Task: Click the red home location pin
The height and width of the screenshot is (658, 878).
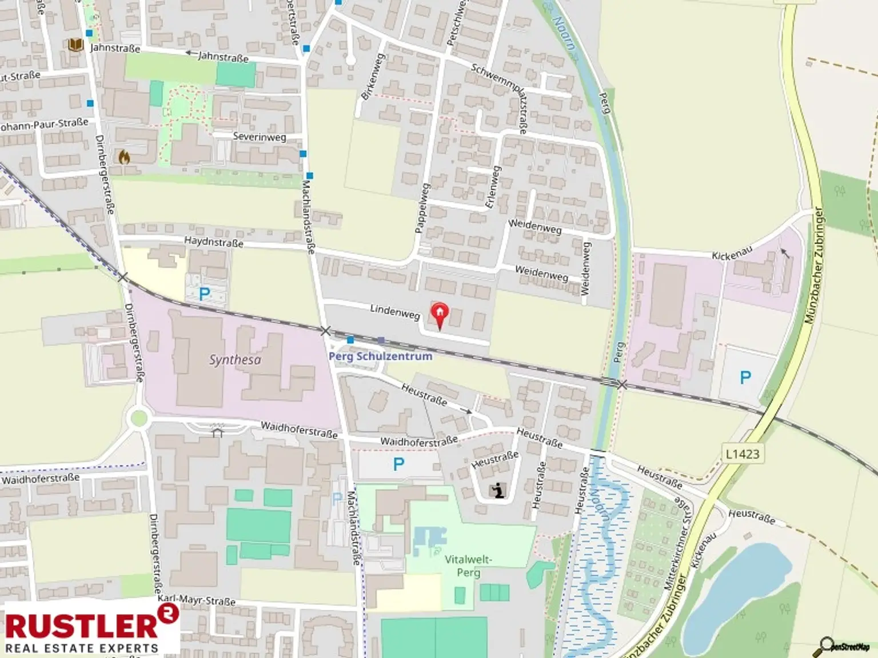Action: (439, 314)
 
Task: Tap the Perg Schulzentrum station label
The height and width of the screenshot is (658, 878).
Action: (380, 356)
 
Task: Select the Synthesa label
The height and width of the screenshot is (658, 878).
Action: (235, 360)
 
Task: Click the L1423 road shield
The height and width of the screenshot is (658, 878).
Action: (743, 454)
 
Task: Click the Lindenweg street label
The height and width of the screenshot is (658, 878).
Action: (394, 312)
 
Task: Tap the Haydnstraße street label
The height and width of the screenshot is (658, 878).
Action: (213, 242)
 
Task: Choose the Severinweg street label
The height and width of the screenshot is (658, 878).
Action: (259, 137)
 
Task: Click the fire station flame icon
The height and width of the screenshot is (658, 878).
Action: (123, 157)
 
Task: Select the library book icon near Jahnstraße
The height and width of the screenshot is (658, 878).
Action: (75, 45)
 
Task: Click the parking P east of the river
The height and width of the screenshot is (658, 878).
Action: (745, 378)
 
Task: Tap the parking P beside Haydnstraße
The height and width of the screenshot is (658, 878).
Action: (204, 294)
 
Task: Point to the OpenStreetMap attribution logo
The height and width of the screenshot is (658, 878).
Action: (845, 646)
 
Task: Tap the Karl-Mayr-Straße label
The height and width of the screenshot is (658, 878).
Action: (197, 600)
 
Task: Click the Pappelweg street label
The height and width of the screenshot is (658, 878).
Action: (421, 208)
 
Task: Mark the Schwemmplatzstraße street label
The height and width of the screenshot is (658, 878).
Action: (498, 97)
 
